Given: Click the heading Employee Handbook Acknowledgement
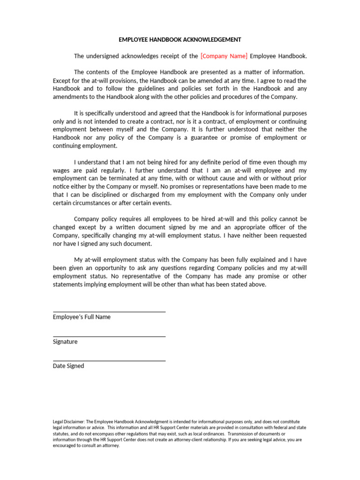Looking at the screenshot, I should click(x=180, y=40).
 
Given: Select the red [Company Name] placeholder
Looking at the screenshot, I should click(x=224, y=56).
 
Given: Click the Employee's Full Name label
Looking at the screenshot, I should click(x=82, y=317).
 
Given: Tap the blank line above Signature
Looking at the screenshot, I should click(x=109, y=336).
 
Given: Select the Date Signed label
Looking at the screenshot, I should click(x=68, y=366).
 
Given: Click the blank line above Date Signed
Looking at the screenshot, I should click(x=109, y=360).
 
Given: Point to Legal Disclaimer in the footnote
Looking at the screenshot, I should click(x=70, y=422).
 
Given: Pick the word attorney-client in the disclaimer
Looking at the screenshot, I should click(x=162, y=440).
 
